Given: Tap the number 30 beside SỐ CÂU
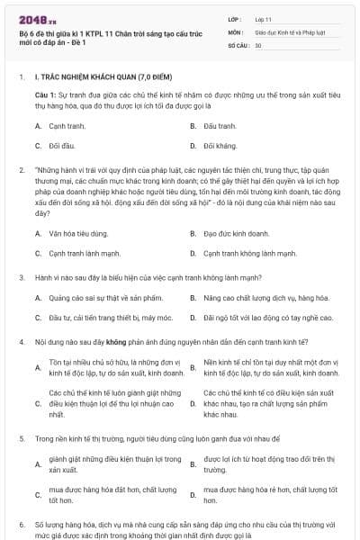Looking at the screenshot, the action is [x=258, y=44].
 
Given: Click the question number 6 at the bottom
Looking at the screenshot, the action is [x=21, y=523].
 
